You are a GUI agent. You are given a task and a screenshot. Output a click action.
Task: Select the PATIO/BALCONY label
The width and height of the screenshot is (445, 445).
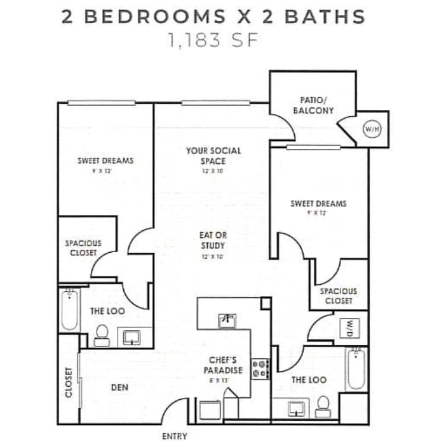coord(313,106)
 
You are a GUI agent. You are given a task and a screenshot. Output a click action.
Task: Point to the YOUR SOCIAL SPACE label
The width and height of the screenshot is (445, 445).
coord(214,155)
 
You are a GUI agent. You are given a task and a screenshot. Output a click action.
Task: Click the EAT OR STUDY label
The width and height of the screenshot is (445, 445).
coord(213,240)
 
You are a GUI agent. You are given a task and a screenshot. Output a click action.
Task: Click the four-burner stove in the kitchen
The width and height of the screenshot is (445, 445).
coord(261,368)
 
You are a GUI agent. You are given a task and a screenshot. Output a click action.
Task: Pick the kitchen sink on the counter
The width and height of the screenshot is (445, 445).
coord(228,320)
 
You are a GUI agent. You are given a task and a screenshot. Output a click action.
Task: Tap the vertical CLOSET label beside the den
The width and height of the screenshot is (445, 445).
coord(69,382)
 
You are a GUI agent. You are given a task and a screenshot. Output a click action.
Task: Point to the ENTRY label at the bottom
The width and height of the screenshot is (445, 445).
coord(174,436)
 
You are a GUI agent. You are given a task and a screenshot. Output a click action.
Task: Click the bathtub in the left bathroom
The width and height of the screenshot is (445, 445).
coord(69,309)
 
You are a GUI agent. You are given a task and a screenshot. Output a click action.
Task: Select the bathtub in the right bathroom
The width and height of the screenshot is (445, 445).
coord(355,369)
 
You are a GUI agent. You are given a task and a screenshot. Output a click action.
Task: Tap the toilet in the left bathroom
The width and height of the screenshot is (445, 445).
coord(101,335)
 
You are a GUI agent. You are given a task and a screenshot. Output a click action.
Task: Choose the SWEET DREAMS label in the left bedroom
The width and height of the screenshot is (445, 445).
coord(105,160)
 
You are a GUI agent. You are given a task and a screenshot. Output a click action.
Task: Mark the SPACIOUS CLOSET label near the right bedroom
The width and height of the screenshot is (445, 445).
coord(338,295)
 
